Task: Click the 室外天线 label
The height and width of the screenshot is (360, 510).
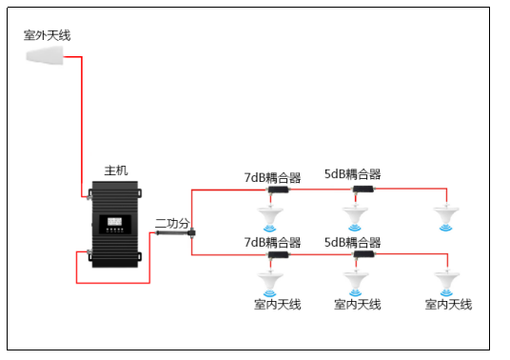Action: [x=48, y=35]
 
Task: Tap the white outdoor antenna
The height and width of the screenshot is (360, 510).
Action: [x=45, y=55]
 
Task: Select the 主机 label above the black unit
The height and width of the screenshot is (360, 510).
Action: [x=116, y=170]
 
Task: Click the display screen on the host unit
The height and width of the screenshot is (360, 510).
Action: [x=114, y=222]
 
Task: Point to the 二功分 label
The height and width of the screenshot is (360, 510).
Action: [x=172, y=223]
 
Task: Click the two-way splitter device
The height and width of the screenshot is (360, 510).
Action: [x=176, y=232]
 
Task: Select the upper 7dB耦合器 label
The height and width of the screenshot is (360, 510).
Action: [x=272, y=178]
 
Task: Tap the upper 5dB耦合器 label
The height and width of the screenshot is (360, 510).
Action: [x=353, y=174]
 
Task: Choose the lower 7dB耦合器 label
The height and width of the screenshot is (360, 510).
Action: [x=272, y=243]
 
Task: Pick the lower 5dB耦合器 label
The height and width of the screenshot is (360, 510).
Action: [x=353, y=243]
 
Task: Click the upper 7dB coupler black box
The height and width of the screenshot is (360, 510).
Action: [x=279, y=190]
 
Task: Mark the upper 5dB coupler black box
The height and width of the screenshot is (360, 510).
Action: [x=363, y=189]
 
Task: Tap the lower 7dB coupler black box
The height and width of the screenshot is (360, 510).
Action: [x=279, y=254]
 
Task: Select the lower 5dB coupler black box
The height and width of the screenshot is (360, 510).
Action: [x=364, y=254]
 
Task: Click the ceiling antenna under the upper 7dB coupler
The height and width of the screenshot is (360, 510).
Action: [x=270, y=217]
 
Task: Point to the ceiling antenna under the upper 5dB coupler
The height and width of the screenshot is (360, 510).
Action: [x=355, y=217]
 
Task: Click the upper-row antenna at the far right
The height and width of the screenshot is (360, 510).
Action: [x=446, y=217]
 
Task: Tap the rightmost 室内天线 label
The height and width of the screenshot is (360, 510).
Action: [x=448, y=305]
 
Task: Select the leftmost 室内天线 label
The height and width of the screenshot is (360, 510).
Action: [x=278, y=305]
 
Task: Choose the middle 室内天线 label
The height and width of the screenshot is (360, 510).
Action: [x=358, y=305]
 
